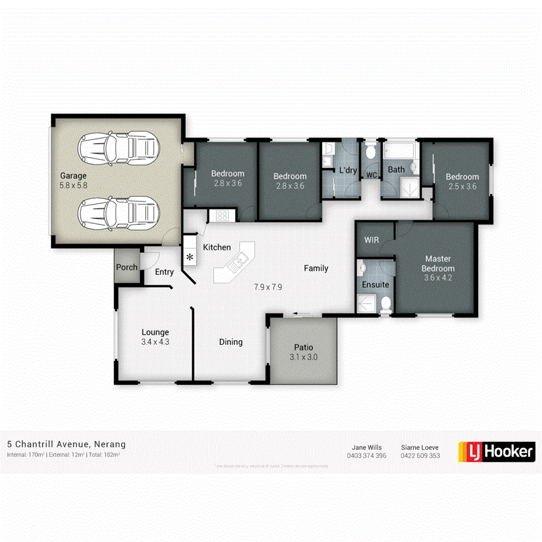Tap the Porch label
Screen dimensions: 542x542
pyautogui.click(x=127, y=268)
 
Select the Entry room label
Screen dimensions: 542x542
pyautogui.click(x=164, y=272)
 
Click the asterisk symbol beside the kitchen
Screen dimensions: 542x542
pyautogui.click(x=190, y=257)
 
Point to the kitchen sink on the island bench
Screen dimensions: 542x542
pyautogui.click(x=238, y=263)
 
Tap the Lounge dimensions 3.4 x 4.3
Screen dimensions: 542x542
pyautogui.click(x=155, y=342)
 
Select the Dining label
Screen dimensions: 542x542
pyautogui.click(x=231, y=342)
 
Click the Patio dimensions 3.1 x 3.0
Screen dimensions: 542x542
pyautogui.click(x=304, y=357)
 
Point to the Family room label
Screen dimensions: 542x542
pyautogui.click(x=316, y=268)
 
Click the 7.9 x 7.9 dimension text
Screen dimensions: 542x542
pyautogui.click(x=268, y=287)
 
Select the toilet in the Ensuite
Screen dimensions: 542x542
pyautogui.click(x=385, y=302)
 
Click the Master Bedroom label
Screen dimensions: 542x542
pyautogui.click(x=438, y=263)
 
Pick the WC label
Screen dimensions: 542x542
pyautogui.click(x=371, y=174)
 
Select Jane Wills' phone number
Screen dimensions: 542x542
pyautogui.click(x=366, y=456)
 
